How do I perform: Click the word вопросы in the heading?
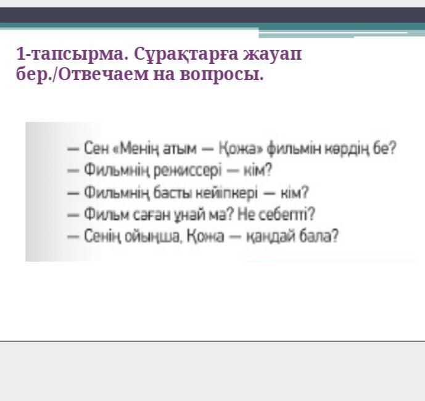coord(221,75)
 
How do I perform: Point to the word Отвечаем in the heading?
coord(103,74)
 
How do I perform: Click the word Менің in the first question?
coord(138,149)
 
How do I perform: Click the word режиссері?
coord(188,171)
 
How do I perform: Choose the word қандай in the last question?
coord(271,236)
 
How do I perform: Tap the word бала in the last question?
coord(319,236)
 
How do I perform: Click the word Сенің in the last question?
coord(102,236)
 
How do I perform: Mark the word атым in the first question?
coord(179,149)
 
